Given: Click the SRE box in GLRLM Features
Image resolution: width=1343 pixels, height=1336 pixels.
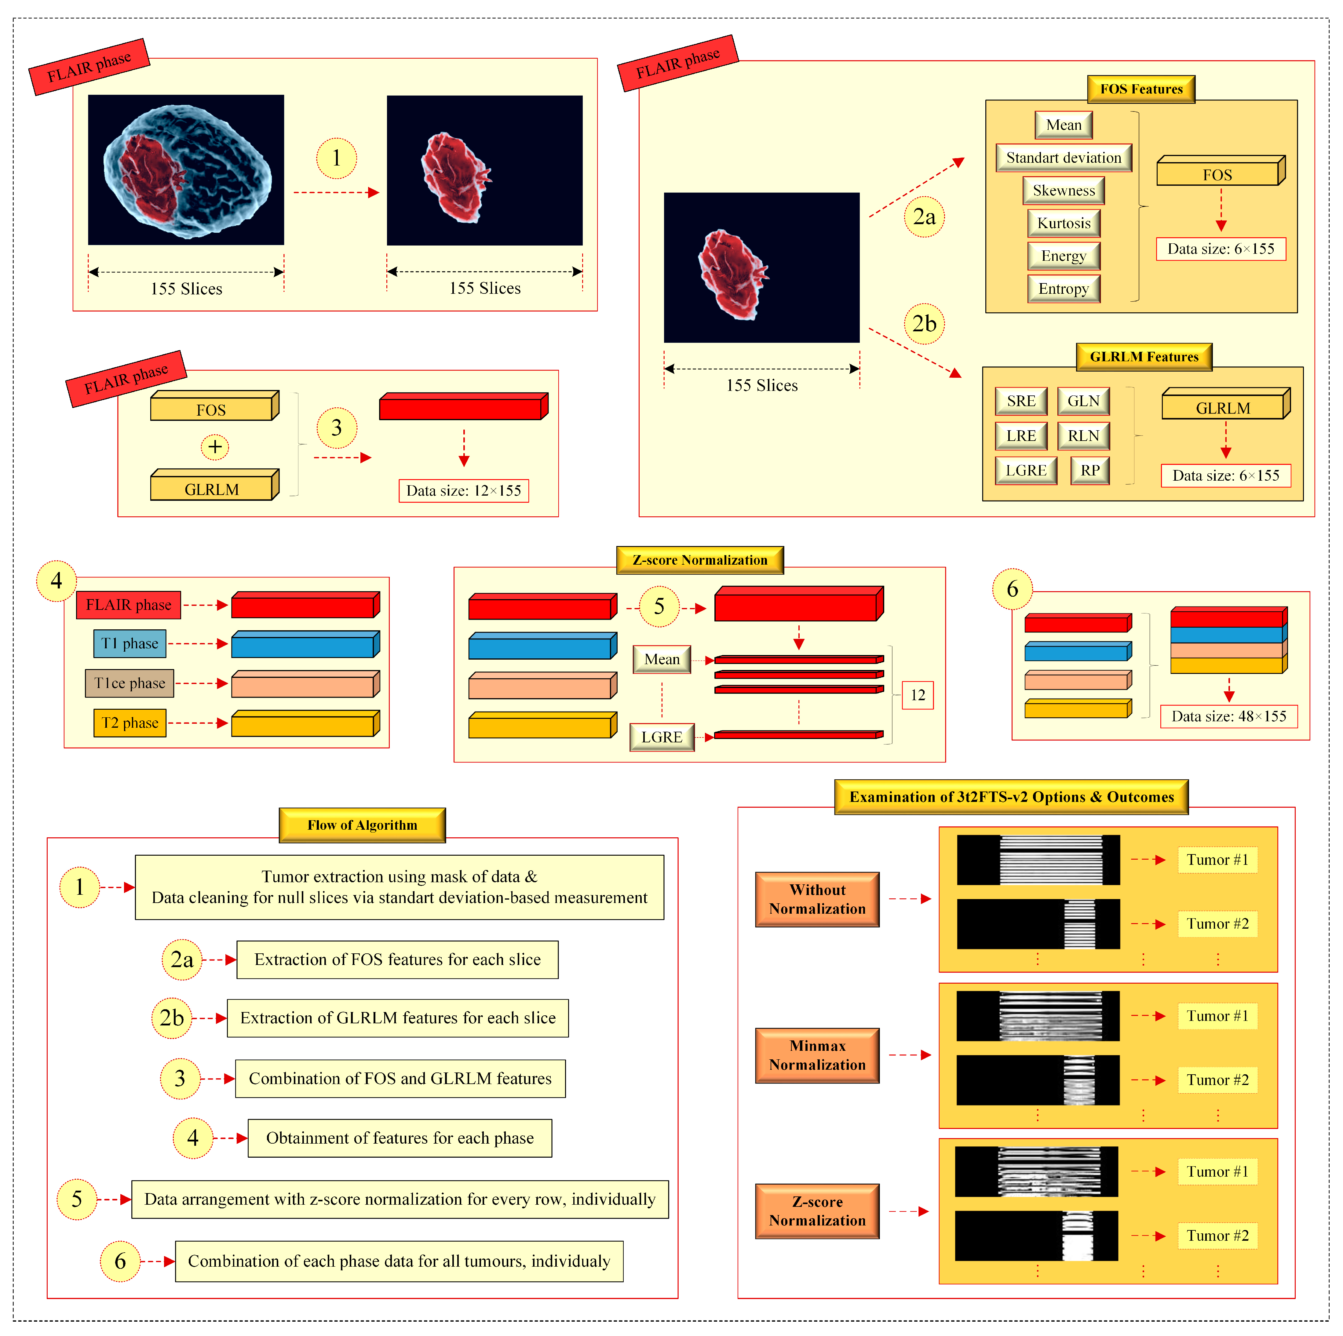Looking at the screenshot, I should click(x=1020, y=401).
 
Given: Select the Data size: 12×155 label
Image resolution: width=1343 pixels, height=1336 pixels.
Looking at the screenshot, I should click(x=464, y=491).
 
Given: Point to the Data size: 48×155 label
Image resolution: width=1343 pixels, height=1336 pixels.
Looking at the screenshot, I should click(x=1228, y=716).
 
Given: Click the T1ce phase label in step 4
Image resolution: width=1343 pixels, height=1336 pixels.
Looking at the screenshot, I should click(x=130, y=683).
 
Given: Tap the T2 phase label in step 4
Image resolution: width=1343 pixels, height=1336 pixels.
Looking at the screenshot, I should click(x=130, y=723).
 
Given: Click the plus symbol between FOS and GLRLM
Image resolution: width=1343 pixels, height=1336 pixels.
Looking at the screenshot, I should click(x=215, y=447).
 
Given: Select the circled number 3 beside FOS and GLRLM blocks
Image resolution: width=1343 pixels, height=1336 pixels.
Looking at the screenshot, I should click(x=337, y=428).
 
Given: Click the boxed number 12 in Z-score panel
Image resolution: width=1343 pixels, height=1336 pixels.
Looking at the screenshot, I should click(x=918, y=695).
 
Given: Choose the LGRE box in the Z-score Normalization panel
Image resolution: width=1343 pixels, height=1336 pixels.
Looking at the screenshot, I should click(x=662, y=737).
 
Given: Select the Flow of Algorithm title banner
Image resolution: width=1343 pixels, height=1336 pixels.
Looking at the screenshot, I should click(x=362, y=825).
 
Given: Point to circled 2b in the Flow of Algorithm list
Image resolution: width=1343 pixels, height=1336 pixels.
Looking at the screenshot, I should click(x=172, y=1018).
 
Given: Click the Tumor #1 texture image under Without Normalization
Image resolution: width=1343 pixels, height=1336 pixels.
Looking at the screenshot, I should click(x=1038, y=860).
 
